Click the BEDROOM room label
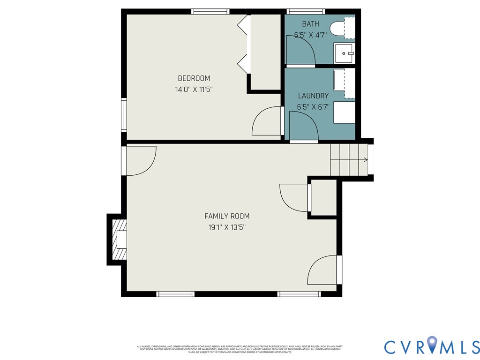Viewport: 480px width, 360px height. [x=194, y=78]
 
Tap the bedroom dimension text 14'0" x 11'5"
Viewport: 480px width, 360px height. [x=194, y=89]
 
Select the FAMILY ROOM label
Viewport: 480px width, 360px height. [x=227, y=216]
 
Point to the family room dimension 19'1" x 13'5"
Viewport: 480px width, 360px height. [x=227, y=227]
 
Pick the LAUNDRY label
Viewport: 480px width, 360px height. [x=313, y=96]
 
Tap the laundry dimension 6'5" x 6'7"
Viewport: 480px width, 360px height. [x=313, y=107]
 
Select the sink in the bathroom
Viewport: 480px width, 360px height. [x=345, y=53]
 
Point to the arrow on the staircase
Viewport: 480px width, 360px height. [x=365, y=160]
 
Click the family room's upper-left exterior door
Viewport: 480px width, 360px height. [x=140, y=160]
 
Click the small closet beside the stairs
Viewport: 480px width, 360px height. [x=324, y=198]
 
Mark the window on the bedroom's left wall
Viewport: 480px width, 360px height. [x=124, y=115]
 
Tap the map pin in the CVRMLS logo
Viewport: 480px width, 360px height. [x=432, y=345]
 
